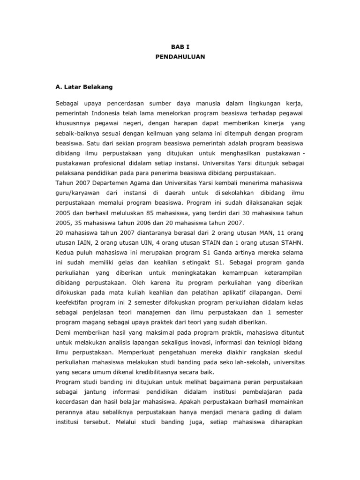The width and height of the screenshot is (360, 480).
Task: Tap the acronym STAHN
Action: (292, 242)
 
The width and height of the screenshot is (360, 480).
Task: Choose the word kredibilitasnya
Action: (156, 376)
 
